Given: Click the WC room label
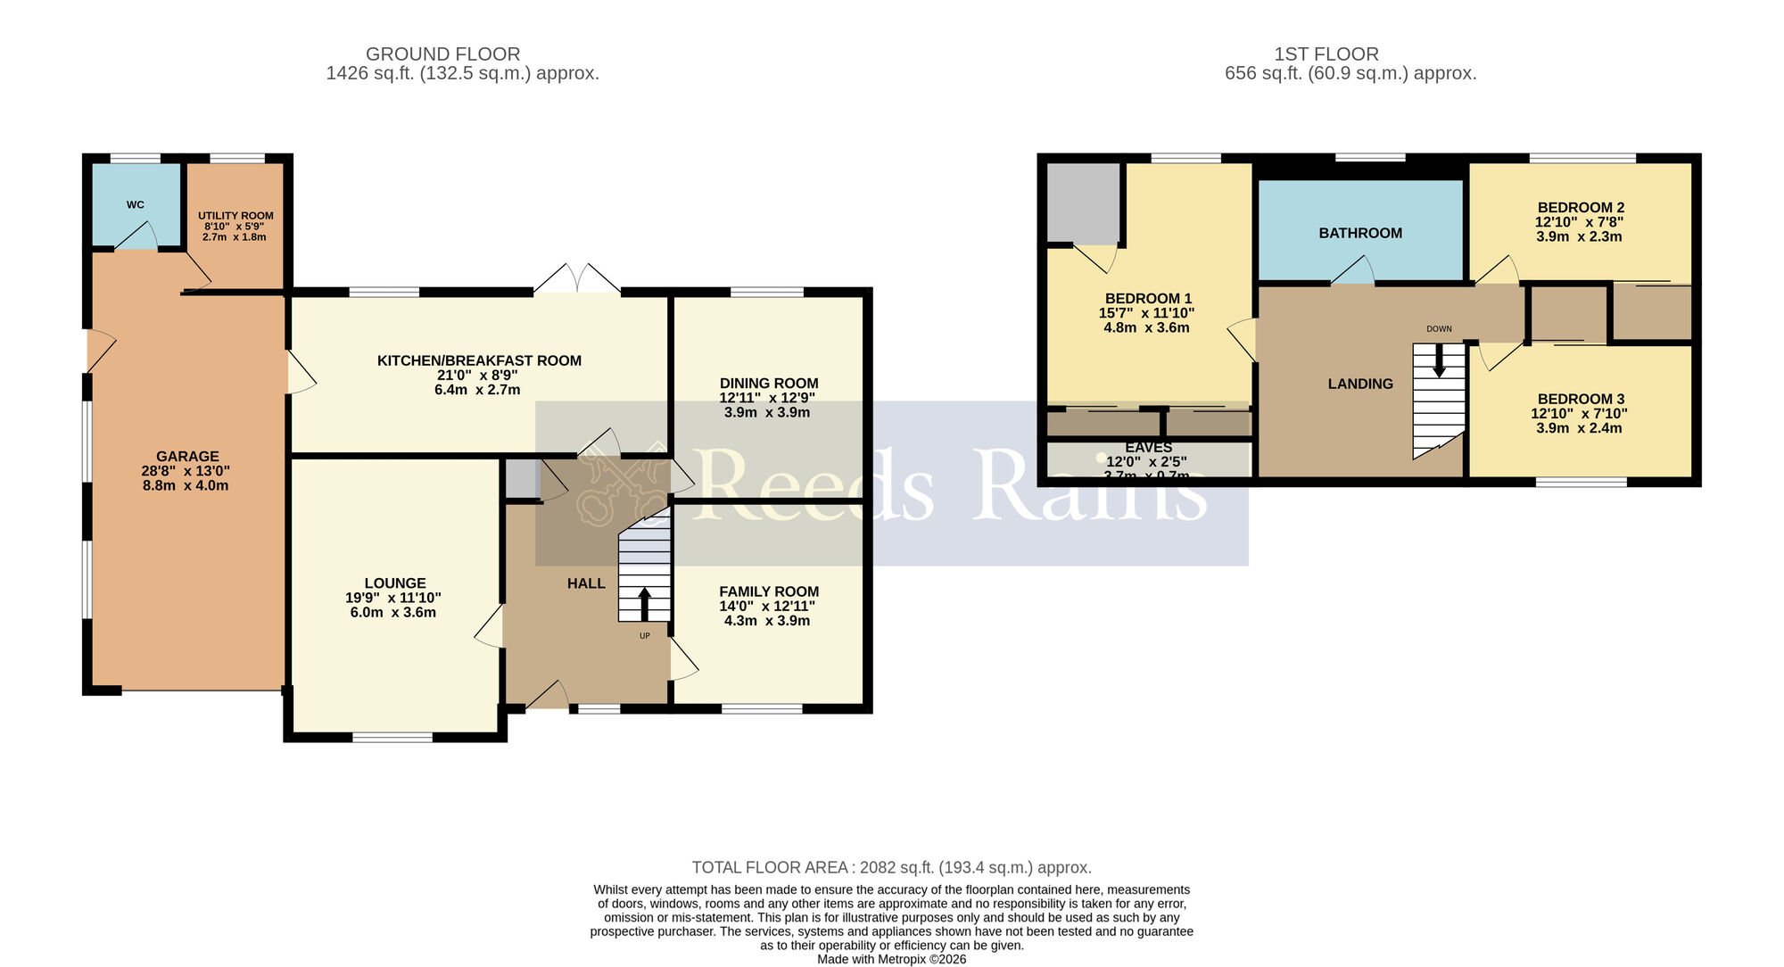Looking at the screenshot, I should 135,205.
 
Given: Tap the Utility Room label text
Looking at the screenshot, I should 235,216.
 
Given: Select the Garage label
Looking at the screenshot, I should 187,457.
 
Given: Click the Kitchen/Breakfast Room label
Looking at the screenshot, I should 479,361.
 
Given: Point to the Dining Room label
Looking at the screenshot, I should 769,384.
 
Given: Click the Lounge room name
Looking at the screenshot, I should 394,583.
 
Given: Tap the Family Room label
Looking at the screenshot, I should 769,591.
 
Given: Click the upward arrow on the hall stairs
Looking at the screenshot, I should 644,603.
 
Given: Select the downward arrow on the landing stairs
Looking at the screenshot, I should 1439,360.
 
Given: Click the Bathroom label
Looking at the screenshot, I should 1360,234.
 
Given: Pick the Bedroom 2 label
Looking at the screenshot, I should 1580,208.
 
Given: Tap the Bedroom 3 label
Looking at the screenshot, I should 1581,400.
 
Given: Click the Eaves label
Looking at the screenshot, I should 1149,448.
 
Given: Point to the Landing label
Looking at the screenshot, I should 1360,384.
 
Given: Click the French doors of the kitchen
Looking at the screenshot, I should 577,279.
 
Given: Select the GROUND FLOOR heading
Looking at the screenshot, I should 442,54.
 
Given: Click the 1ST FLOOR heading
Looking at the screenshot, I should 1326,54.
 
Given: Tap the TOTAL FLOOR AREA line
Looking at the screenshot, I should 891,868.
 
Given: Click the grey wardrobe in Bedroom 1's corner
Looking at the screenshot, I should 1083,202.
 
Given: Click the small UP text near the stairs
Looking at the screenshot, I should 644,636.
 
